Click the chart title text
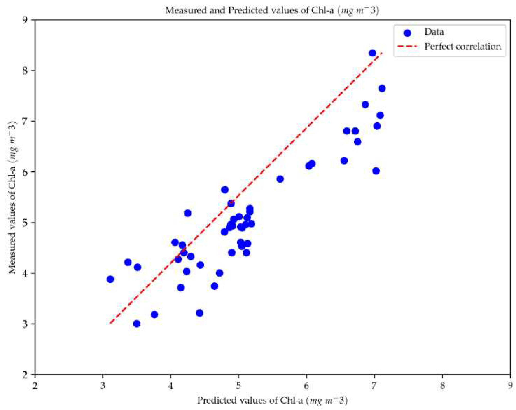pyautogui.click(x=272, y=10)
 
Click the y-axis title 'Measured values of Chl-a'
pyautogui.click(x=12, y=197)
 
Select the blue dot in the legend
pyautogui.click(x=407, y=33)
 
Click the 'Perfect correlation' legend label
pyautogui.click(x=462, y=46)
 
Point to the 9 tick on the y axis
pyautogui.click(x=25, y=20)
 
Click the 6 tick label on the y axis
pyautogui.click(x=25, y=172)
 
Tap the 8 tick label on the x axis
pyautogui.click(x=442, y=386)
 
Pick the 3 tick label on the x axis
pyautogui.click(x=103, y=386)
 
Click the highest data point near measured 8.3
pyautogui.click(x=372, y=53)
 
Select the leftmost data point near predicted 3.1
pyautogui.click(x=110, y=279)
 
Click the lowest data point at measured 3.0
pyautogui.click(x=137, y=324)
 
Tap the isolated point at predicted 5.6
pyautogui.click(x=280, y=179)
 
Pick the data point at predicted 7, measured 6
pyautogui.click(x=376, y=171)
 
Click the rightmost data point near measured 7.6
pyautogui.click(x=382, y=88)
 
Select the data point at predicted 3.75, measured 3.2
pyautogui.click(x=154, y=315)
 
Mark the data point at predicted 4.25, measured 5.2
pyautogui.click(x=188, y=213)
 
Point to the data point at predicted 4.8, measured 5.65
pyautogui.click(x=225, y=190)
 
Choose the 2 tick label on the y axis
pyautogui.click(x=25, y=374)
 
